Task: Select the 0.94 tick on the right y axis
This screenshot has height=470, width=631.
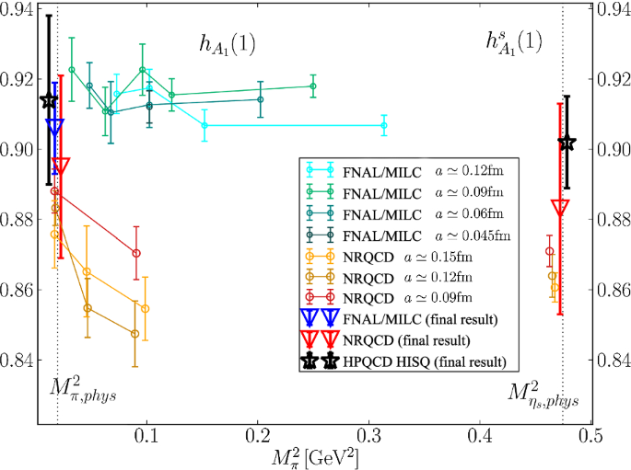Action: click(x=613, y=10)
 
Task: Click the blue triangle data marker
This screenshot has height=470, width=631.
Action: click(x=54, y=127)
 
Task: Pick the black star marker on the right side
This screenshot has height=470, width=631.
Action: click(x=567, y=143)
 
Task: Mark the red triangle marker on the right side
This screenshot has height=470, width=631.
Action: click(x=559, y=206)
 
